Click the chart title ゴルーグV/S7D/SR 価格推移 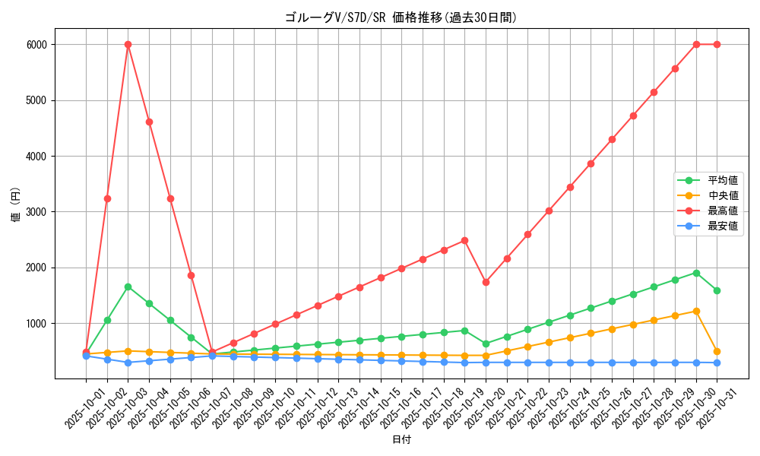coord(401,17)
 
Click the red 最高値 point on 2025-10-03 coord(128,44)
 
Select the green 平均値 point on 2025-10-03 coord(128,287)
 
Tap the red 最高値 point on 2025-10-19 coord(464,240)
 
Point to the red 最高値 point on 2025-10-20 coord(486,282)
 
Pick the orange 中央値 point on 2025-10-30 coord(696,311)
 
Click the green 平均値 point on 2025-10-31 coord(717,290)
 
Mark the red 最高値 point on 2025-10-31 coord(717,44)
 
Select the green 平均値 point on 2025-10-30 coord(696,273)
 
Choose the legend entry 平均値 coord(722,180)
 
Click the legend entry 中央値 coord(722,195)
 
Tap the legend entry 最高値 coord(722,211)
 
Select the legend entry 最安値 coord(722,226)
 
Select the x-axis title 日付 coord(401,440)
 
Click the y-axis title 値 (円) coord(15,205)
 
